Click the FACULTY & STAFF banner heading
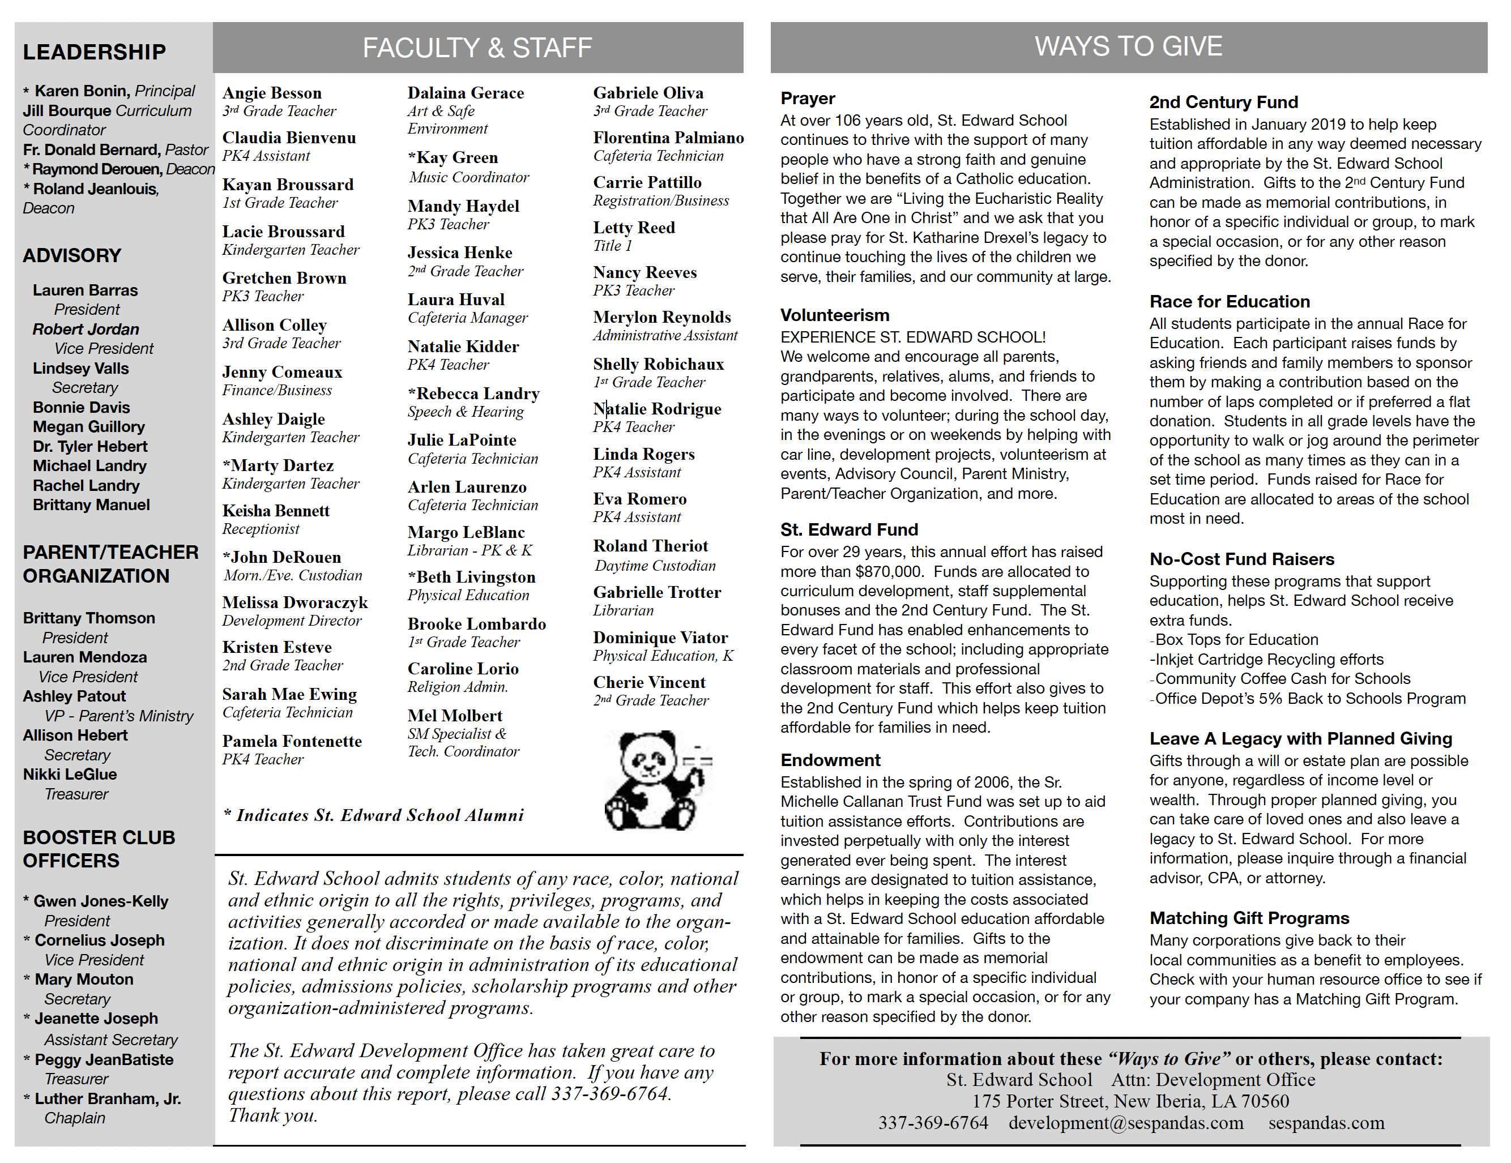[x=477, y=48]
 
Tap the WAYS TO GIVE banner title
[x=1128, y=46]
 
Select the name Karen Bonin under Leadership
[x=84, y=91]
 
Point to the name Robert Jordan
[x=86, y=330]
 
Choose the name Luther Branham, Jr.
[x=107, y=1098]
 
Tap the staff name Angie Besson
[x=272, y=93]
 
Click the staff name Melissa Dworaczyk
[x=294, y=602]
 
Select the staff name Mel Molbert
[x=455, y=715]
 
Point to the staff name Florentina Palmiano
[x=668, y=138]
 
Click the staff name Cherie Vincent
[x=649, y=682]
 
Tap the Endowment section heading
[x=830, y=760]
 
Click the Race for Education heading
[x=1230, y=302]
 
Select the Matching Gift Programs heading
[x=1249, y=918]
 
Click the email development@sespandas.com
[x=1126, y=1123]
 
